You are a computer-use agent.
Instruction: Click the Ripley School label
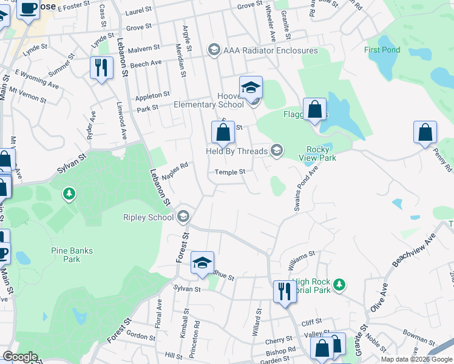click(148, 217)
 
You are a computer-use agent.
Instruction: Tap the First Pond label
click(382, 50)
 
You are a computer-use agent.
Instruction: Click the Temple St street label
click(230, 172)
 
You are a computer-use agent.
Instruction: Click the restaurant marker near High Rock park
click(283, 291)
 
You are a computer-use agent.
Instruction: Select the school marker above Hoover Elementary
click(251, 87)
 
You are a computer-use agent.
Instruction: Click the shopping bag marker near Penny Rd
click(425, 132)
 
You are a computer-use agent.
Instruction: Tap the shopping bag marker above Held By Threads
click(223, 132)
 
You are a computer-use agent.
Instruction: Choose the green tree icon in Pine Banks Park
click(69, 194)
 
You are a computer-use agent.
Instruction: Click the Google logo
click(20, 357)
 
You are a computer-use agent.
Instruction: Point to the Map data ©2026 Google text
click(416, 359)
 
